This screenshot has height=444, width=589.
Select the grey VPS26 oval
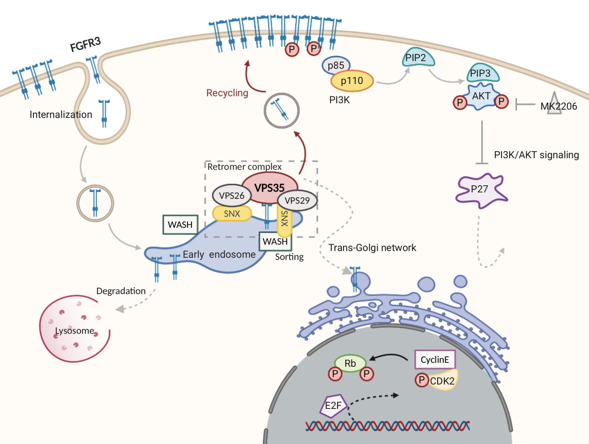click(231, 195)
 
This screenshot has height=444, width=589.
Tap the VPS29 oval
click(297, 200)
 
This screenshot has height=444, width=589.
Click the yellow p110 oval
click(352, 81)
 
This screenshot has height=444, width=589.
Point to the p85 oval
click(336, 65)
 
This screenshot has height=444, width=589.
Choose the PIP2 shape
click(417, 58)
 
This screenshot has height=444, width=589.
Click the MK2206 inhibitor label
click(558, 106)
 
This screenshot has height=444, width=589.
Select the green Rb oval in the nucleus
click(350, 363)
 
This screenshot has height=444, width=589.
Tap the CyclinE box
click(435, 359)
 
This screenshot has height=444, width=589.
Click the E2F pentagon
click(333, 406)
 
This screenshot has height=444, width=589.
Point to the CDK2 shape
click(443, 380)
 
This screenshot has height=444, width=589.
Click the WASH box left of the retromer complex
click(180, 225)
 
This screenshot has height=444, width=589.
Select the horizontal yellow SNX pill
click(232, 213)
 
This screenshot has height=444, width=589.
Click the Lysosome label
click(74, 330)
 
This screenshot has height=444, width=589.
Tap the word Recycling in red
click(227, 93)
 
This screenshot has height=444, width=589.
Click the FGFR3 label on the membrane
click(85, 44)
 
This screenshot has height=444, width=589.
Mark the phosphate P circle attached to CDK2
click(421, 380)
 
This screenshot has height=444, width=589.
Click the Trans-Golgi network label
click(372, 248)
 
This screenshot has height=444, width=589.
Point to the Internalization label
click(61, 115)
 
